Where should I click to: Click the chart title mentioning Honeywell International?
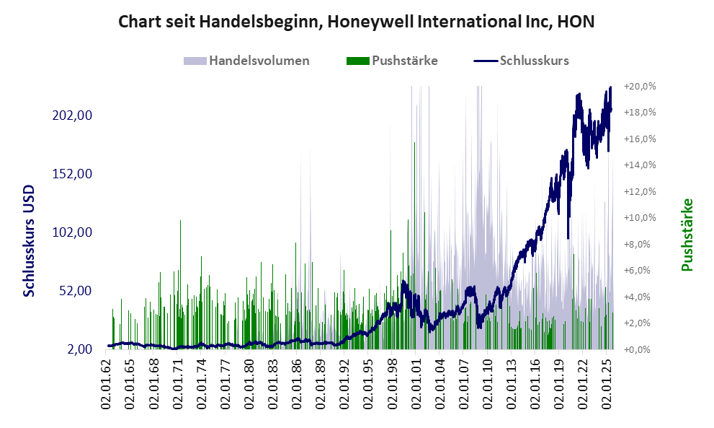pyautogui.click(x=357, y=22)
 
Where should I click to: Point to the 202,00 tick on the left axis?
pyautogui.click(x=74, y=115)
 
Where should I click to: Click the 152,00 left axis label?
pyautogui.click(x=74, y=174)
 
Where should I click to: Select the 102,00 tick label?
pyautogui.click(x=74, y=232)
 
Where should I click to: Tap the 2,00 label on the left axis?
pyautogui.click(x=80, y=349)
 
